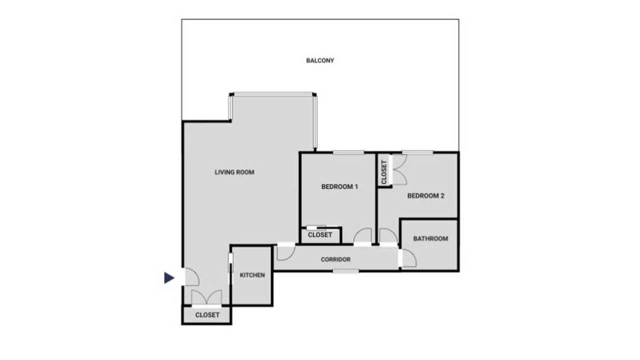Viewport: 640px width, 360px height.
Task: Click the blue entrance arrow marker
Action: pyautogui.click(x=169, y=278)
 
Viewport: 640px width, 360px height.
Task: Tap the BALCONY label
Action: pyautogui.click(x=320, y=60)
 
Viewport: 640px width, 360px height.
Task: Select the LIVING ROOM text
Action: pyautogui.click(x=234, y=172)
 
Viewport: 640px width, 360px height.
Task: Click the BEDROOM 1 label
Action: pyautogui.click(x=339, y=187)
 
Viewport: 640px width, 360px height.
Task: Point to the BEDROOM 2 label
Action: pyautogui.click(x=425, y=196)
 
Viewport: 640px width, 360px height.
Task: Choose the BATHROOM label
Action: pyautogui.click(x=430, y=239)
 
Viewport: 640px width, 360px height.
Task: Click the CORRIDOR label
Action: pyautogui.click(x=335, y=259)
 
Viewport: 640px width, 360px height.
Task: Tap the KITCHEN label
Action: pyautogui.click(x=252, y=275)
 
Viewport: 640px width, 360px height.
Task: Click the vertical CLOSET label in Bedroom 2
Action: pyautogui.click(x=384, y=172)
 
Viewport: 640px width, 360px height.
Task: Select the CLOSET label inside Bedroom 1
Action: pyautogui.click(x=320, y=235)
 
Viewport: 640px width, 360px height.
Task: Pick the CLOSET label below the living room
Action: pyautogui.click(x=207, y=315)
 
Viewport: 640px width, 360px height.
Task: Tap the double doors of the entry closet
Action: pyautogui.click(x=206, y=297)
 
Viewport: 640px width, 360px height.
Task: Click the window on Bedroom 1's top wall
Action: pyautogui.click(x=348, y=152)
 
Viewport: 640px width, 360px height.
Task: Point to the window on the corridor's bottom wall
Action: pyautogui.click(x=345, y=271)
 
